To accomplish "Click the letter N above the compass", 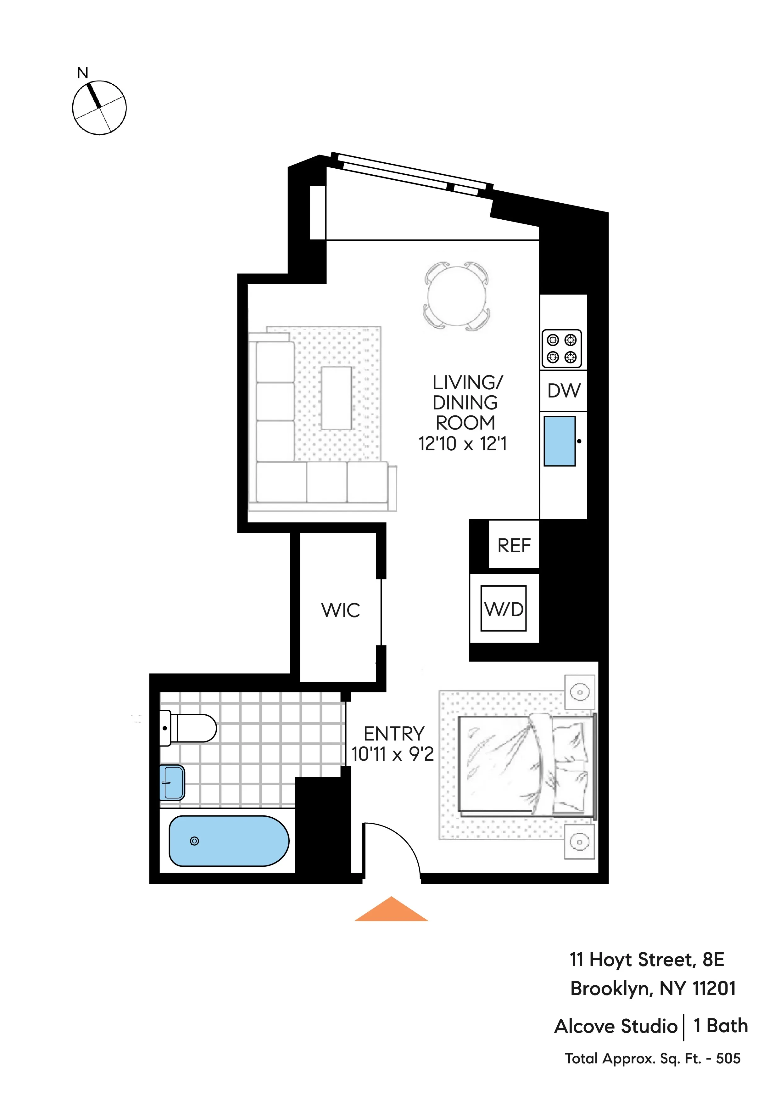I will (83, 73).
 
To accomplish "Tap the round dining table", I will (457, 296).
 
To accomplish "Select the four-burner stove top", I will (561, 349).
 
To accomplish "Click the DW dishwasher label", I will (564, 391).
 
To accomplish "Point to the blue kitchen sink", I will (560, 441).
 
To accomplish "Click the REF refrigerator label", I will (514, 546).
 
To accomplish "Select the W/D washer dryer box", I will (503, 609).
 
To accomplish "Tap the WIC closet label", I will (340, 611).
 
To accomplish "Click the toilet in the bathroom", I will (190, 729).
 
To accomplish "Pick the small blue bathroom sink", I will (172, 782).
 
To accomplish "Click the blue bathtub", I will (229, 841).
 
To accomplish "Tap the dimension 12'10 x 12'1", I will (462, 444).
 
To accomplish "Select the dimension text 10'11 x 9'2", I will (392, 754).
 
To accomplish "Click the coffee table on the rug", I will (337, 398).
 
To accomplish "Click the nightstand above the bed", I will (580, 692).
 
